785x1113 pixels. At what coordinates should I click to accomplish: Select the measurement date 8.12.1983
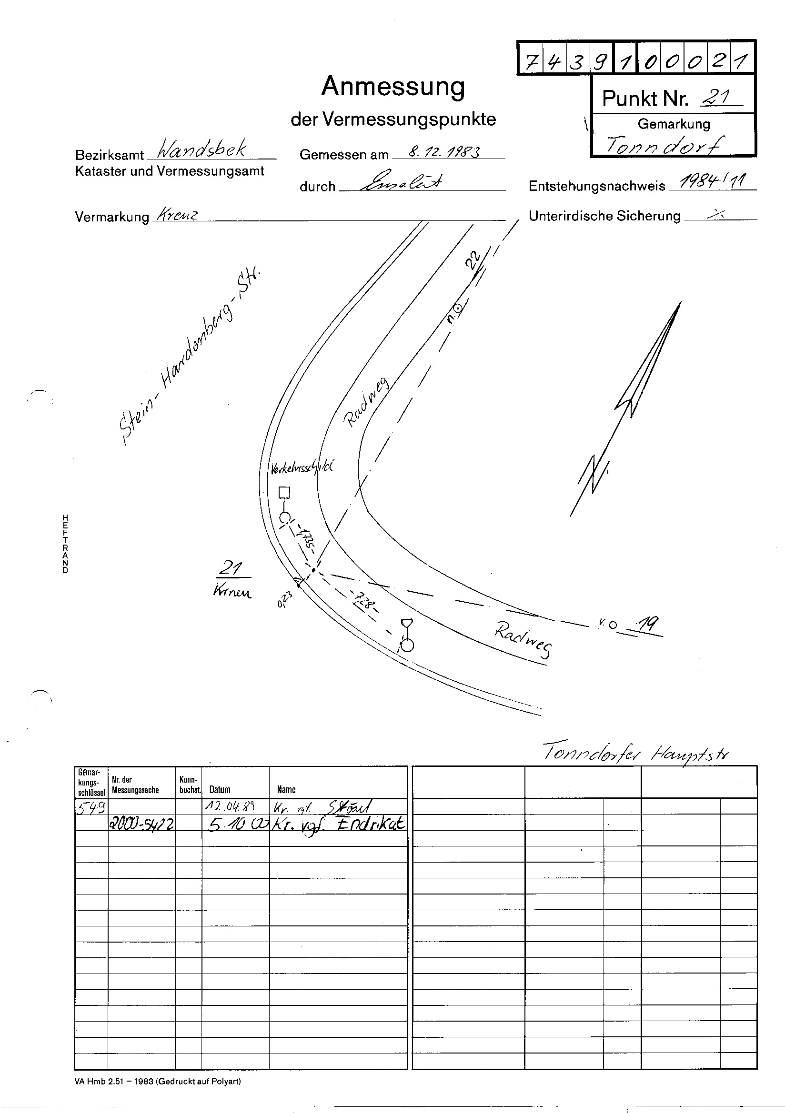pyautogui.click(x=444, y=152)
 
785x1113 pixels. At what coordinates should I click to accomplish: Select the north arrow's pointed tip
pyautogui.click(x=680, y=302)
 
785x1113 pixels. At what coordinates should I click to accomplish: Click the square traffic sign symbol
pyautogui.click(x=284, y=493)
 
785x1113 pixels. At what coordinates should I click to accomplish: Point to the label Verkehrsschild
pyautogui.click(x=302, y=468)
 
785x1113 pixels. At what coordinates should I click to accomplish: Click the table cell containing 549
pyautogui.click(x=91, y=806)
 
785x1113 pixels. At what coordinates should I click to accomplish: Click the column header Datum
pyautogui.click(x=220, y=790)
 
